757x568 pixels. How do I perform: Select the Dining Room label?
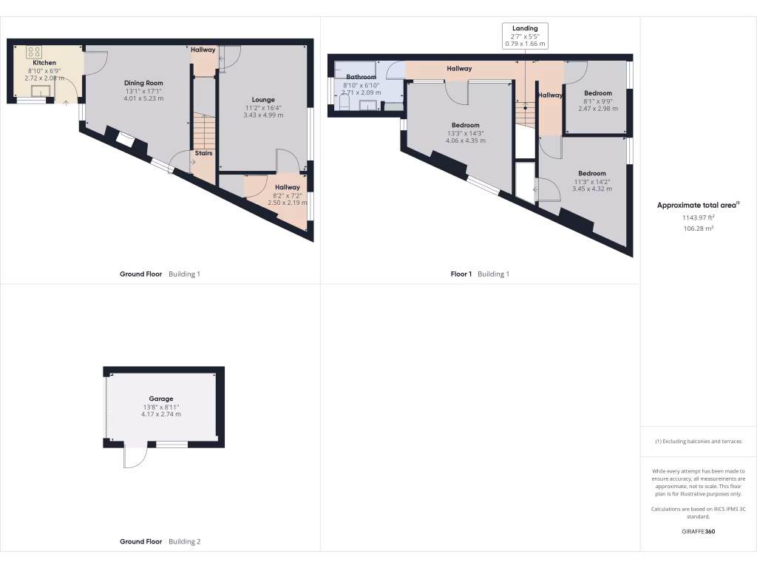143,83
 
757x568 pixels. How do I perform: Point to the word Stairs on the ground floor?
203,153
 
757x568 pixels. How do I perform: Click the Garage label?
161,399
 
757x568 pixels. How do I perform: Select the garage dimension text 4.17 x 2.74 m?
161,414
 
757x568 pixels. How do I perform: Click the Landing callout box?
525,35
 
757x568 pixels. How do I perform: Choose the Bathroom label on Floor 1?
361,77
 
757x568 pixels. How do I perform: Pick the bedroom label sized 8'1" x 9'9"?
598,93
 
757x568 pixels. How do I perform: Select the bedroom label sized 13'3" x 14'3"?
465,125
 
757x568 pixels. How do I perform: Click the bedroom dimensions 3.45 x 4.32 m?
592,189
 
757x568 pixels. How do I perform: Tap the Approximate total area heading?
698,206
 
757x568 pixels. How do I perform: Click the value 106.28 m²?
698,229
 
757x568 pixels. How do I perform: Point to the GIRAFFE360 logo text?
698,531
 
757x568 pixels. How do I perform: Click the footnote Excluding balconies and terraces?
698,442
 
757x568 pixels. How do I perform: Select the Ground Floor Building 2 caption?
160,541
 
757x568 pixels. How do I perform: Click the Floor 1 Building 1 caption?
481,274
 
